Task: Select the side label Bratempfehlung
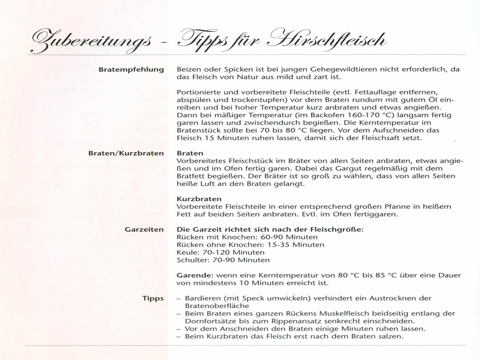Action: [131, 69]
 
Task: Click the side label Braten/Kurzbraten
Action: [126, 153]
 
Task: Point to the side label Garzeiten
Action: [144, 229]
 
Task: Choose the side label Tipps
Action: [153, 298]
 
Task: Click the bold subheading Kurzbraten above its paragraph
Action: [193, 199]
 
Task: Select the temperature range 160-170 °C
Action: [336, 115]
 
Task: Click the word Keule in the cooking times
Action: [186, 252]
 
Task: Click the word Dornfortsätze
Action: [213, 321]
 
